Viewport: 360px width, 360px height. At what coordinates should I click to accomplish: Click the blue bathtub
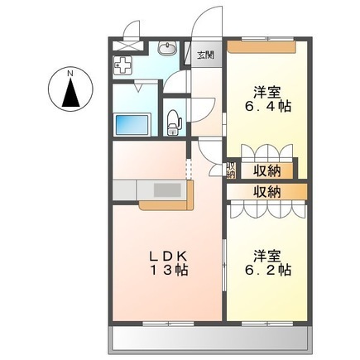point(130,126)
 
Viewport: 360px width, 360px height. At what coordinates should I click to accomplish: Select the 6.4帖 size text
point(266,107)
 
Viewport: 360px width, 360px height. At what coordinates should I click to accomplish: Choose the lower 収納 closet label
point(266,190)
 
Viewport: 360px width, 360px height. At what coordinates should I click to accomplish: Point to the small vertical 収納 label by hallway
point(232,170)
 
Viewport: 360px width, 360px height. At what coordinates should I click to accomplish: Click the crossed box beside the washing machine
point(129,36)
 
